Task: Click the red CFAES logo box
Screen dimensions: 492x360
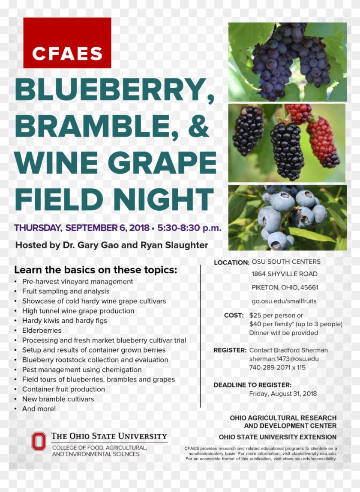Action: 67,43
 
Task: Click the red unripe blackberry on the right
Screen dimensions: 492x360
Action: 322,141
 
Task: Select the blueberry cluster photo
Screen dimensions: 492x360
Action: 288,218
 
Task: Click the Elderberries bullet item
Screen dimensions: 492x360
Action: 42,331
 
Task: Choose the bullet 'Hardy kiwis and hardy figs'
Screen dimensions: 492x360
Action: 64,321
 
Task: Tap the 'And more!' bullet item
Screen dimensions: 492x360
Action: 39,409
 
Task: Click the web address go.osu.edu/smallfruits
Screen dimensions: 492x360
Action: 284,301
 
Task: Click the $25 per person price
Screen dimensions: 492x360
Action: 276,316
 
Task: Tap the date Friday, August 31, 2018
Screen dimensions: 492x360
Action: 283,394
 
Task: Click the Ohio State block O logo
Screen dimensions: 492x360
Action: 39,441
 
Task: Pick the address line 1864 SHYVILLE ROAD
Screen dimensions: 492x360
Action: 285,274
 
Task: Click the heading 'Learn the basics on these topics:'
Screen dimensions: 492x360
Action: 96,270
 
